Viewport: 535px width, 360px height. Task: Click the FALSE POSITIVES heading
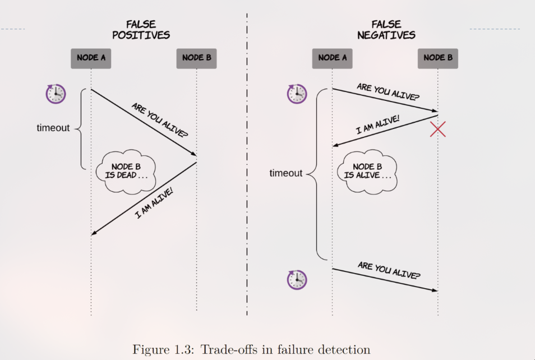click(x=141, y=30)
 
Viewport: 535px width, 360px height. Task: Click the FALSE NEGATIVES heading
click(x=386, y=30)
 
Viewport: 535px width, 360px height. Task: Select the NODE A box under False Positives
click(x=91, y=58)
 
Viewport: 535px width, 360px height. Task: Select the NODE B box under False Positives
click(x=196, y=58)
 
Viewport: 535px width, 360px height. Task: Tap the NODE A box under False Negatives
click(x=333, y=58)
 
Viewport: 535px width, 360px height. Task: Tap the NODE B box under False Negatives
click(x=438, y=58)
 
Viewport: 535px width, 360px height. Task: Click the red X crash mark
click(x=438, y=129)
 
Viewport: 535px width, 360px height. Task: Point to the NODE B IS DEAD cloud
click(x=126, y=171)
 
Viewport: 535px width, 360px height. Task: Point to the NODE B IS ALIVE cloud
click(x=367, y=171)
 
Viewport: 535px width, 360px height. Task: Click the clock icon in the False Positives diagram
click(x=56, y=94)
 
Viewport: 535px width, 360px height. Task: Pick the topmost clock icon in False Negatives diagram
click(x=297, y=94)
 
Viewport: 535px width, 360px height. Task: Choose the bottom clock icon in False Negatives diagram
click(x=297, y=279)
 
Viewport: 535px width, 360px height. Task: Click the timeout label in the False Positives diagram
click(x=53, y=128)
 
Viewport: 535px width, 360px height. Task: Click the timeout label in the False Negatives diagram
click(x=285, y=173)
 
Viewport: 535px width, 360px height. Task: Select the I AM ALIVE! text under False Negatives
click(x=378, y=124)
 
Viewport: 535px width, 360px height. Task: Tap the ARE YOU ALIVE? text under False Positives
click(x=159, y=120)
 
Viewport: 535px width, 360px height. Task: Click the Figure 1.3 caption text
click(x=251, y=349)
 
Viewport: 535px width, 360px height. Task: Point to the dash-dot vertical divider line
click(x=247, y=168)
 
